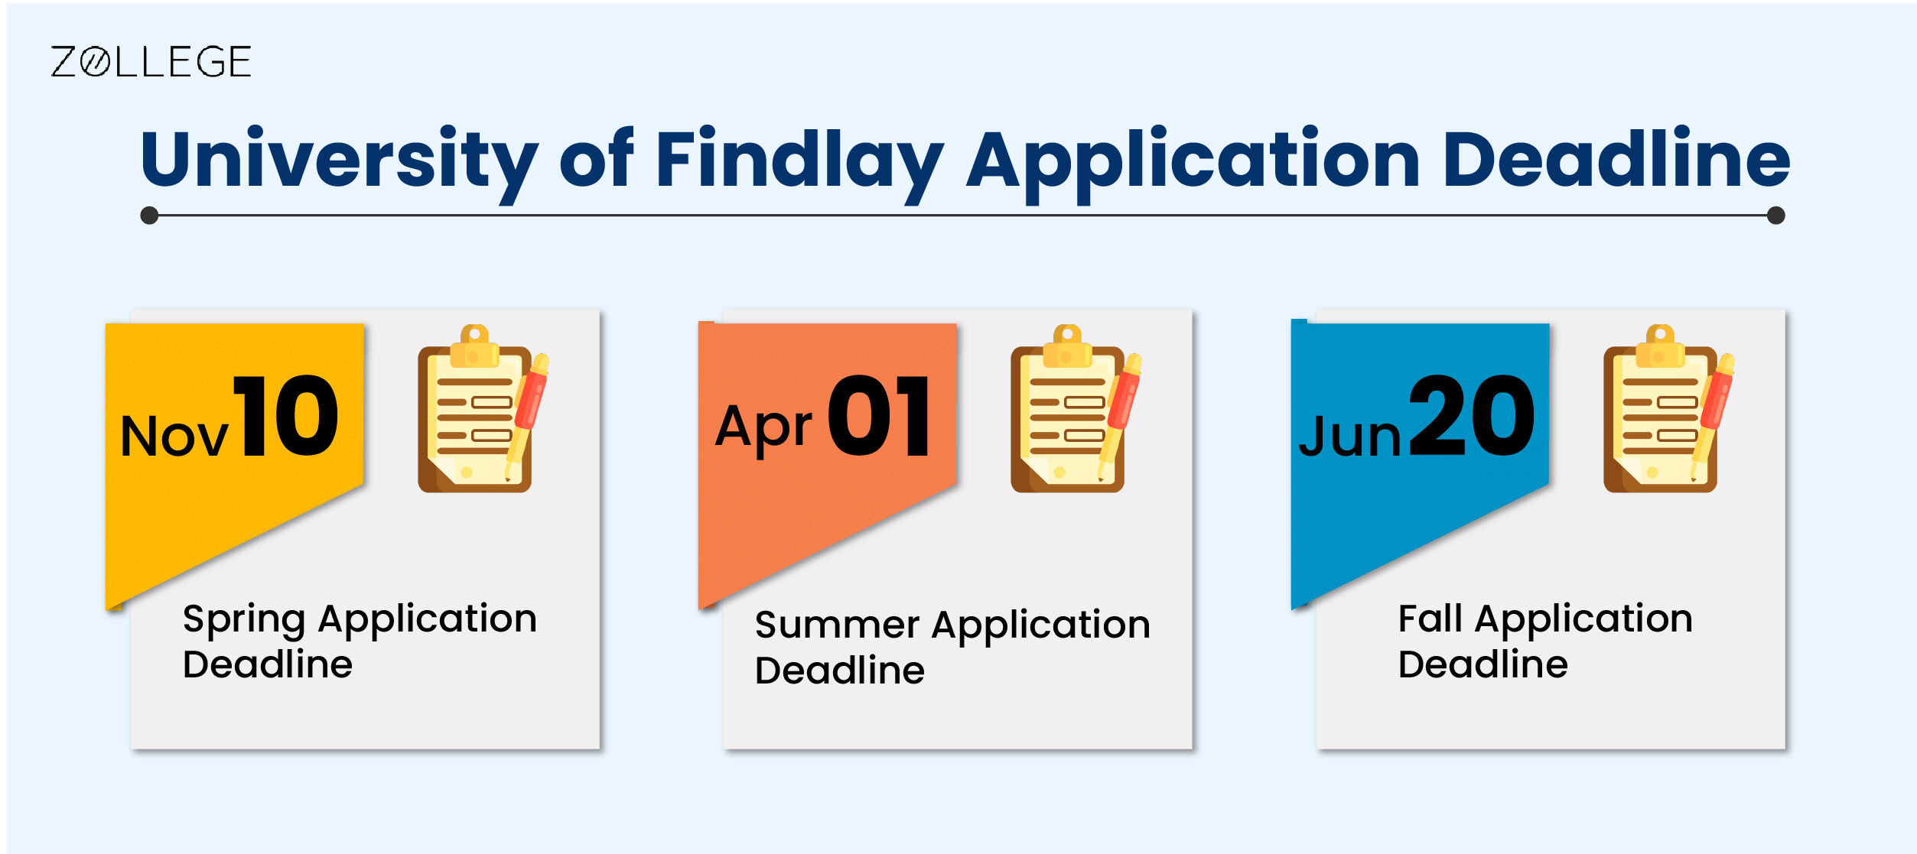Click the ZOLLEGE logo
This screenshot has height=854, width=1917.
pos(151,62)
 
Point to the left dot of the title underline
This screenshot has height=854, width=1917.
pos(150,216)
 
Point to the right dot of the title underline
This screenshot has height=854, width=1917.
pos(1776,216)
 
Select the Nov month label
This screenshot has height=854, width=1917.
pos(174,437)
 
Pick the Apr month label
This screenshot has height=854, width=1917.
pos(763,428)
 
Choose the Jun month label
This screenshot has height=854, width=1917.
pos(1350,437)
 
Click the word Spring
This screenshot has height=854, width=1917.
pos(244,619)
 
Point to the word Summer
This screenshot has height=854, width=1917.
pos(837,625)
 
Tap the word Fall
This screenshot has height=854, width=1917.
pos(1430,619)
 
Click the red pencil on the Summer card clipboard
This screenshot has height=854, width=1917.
pos(1121,413)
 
